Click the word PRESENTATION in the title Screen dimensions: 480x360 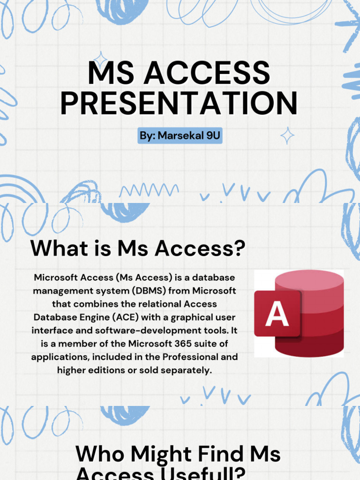click(x=179, y=103)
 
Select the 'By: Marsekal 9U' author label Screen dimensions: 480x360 click(x=180, y=136)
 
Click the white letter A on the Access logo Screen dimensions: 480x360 click(x=277, y=314)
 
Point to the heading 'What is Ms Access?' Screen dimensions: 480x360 click(x=138, y=248)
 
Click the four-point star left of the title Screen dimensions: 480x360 click(x=100, y=61)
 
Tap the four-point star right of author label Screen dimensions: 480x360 click(x=287, y=136)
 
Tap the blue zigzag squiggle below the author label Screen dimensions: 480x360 click(x=149, y=190)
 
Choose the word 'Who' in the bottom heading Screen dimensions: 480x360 click(x=99, y=455)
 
